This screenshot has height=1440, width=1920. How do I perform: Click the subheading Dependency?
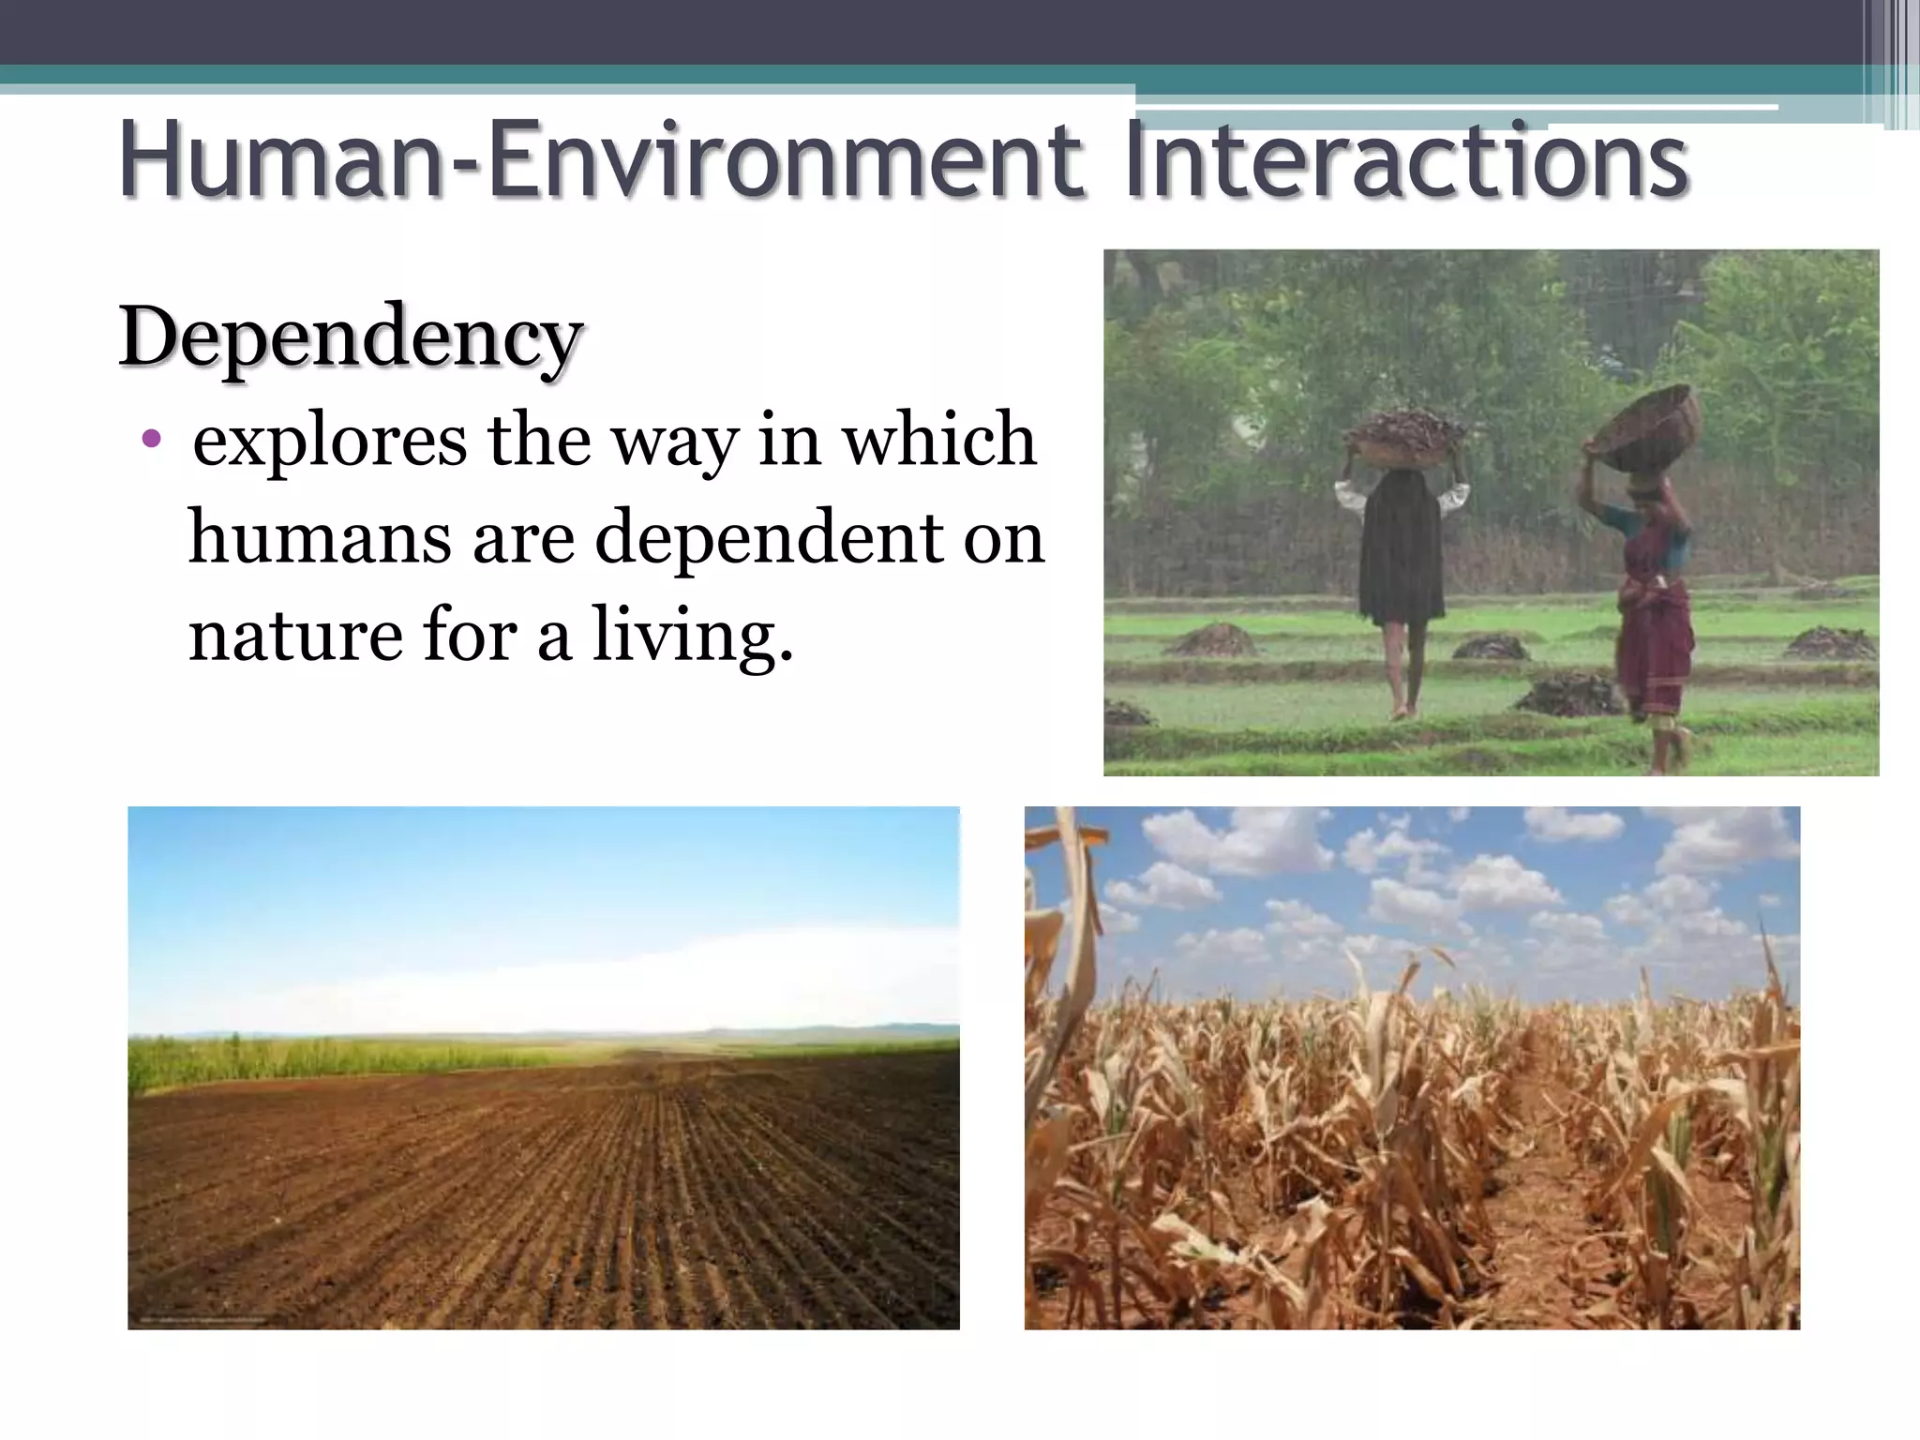pos(352,337)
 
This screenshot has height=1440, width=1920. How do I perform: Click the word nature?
pos(292,636)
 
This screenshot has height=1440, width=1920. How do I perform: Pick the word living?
pos(693,636)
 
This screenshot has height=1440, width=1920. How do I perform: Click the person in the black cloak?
pos(1402,562)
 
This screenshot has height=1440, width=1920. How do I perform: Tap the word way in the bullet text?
pos(674,441)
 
